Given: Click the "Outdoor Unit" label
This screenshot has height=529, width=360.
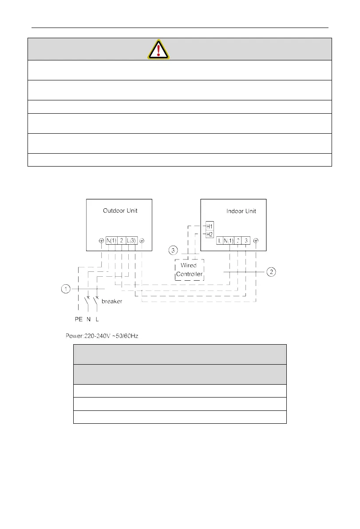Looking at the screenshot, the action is click(120, 211).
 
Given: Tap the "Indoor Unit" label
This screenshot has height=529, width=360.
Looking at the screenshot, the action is click(241, 211).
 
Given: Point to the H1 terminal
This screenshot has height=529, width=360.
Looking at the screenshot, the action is click(210, 226).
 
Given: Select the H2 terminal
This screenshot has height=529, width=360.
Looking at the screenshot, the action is click(210, 234).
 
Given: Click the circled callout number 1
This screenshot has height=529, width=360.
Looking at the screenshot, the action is click(66, 290).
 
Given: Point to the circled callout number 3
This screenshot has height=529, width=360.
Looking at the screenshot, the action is click(174, 251).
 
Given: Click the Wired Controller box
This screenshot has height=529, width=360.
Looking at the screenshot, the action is click(190, 270).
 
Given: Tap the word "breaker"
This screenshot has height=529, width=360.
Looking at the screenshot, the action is click(112, 301).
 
